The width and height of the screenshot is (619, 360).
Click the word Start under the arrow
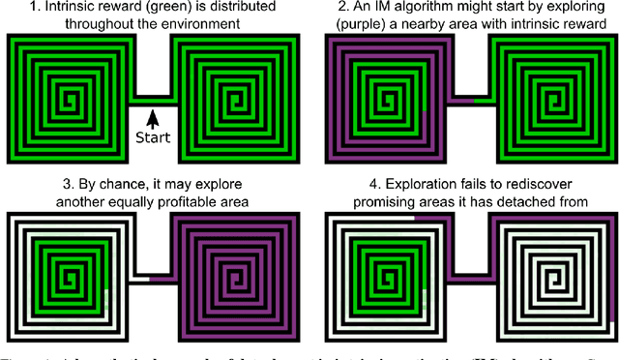point(154,136)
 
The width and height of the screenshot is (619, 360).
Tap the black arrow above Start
point(152,117)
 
